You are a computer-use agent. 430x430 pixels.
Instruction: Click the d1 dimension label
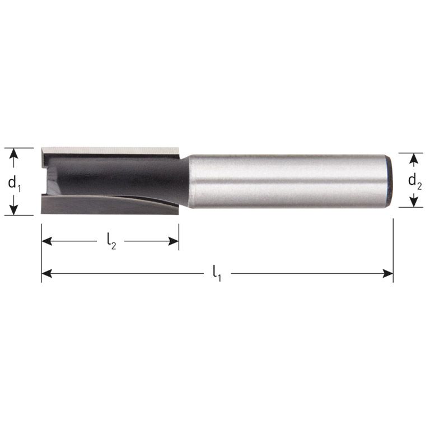tap(16, 182)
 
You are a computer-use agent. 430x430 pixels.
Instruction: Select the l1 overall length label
tap(217, 274)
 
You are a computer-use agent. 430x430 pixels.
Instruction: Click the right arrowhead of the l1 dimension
tap(387, 274)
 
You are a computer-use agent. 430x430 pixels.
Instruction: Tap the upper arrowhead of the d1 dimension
tap(15, 153)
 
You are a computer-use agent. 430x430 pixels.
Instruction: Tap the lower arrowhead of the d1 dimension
tap(15, 210)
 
